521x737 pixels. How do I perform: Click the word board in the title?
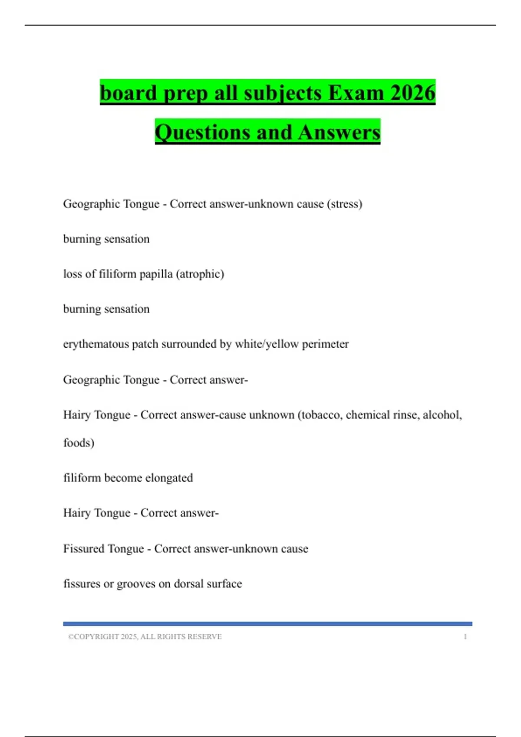click(x=128, y=93)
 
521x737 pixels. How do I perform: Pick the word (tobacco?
click(x=319, y=415)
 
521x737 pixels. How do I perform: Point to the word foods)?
click(x=79, y=443)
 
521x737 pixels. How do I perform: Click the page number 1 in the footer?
click(x=465, y=637)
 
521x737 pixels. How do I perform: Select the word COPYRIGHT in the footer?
click(x=96, y=637)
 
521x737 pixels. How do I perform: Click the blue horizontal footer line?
click(x=267, y=624)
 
